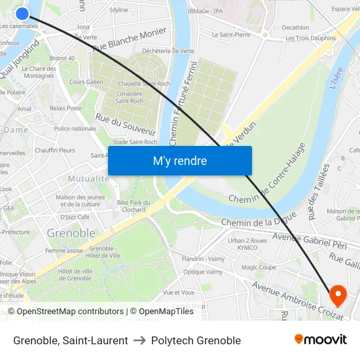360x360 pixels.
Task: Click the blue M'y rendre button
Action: [179, 160]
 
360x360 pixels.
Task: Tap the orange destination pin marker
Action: [338, 295]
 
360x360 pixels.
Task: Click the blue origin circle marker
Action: [22, 13]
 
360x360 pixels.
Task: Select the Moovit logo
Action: [320, 340]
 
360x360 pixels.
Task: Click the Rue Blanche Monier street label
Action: [130, 41]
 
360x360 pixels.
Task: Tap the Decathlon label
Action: [295, 27]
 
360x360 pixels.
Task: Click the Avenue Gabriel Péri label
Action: [309, 240]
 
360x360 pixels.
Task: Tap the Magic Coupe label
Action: [259, 267]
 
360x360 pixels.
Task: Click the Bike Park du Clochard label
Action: [134, 206]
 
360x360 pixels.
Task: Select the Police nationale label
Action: [75, 128]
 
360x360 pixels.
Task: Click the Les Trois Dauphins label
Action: [310, 38]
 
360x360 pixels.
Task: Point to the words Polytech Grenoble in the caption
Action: [196, 340]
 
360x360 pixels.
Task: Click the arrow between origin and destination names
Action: [139, 340]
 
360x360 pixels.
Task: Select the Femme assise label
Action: [64, 251]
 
